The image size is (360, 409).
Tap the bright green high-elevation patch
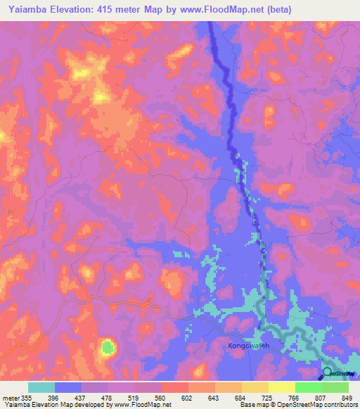click(107, 346)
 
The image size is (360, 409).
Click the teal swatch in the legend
click(41, 387)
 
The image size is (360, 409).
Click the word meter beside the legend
click(10, 397)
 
